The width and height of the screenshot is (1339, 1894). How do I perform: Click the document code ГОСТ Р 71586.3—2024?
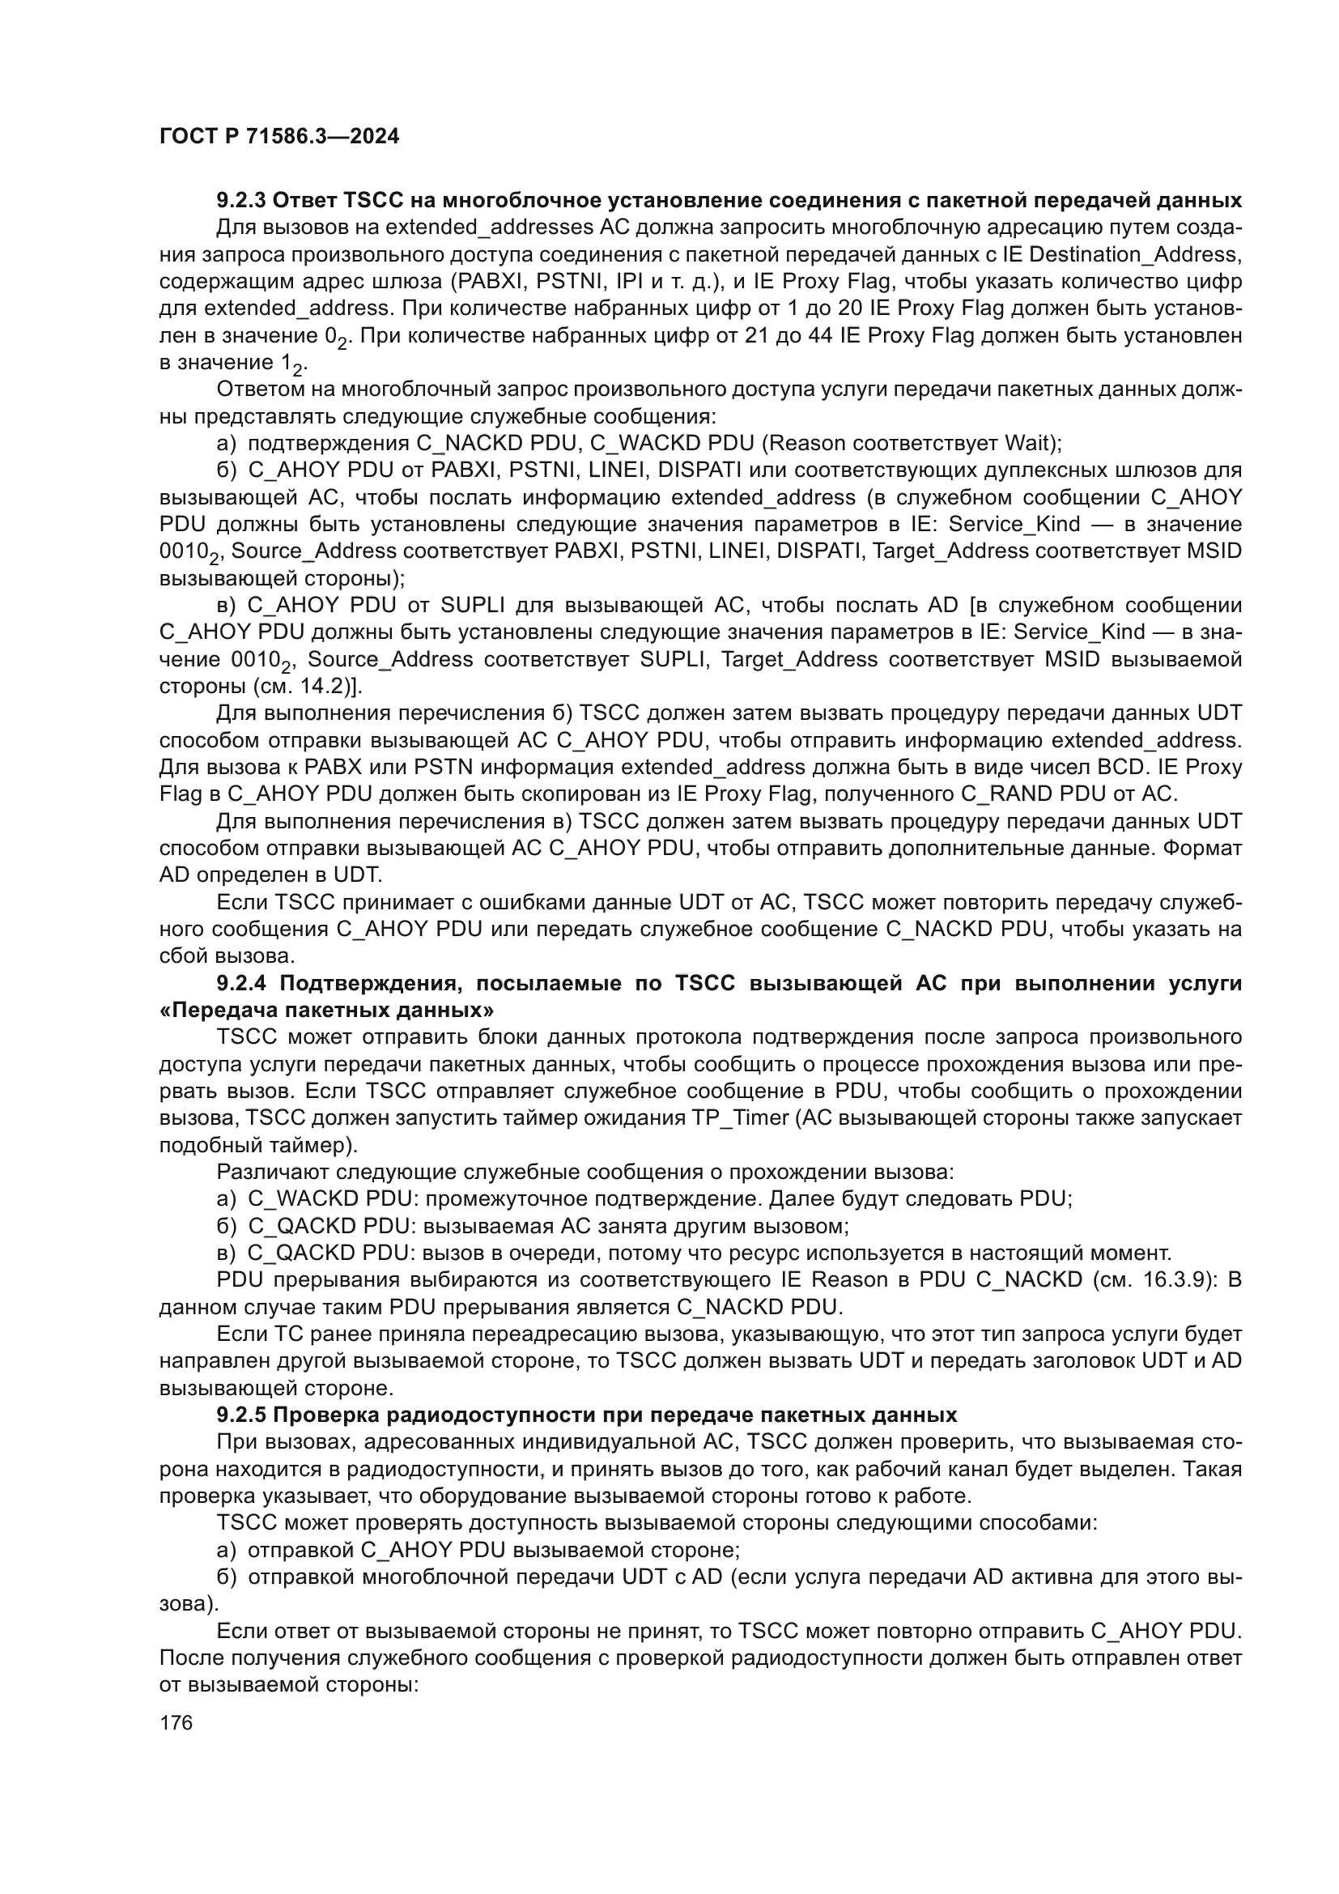tap(278, 137)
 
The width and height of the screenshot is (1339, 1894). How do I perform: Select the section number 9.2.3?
tap(240, 201)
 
